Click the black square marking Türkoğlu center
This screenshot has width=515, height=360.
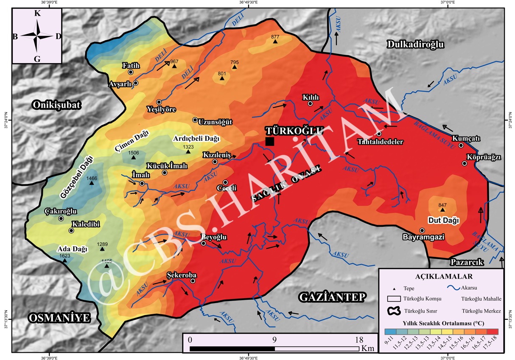coord(269,141)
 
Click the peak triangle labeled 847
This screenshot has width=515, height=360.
coord(442,210)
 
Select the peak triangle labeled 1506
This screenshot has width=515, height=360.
coord(134,157)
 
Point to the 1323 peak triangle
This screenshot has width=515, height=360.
coord(188,151)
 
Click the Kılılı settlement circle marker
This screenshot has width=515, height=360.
coord(310,103)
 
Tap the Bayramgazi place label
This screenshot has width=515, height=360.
coord(423,237)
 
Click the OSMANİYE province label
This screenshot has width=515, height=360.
coord(60,318)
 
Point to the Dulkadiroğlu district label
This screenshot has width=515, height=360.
coord(414,44)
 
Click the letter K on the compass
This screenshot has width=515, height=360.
coord(37,14)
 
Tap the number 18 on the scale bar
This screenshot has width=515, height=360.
coord(359,340)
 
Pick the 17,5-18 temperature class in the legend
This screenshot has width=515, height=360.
coord(492,332)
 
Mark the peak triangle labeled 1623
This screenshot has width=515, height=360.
coord(64,261)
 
